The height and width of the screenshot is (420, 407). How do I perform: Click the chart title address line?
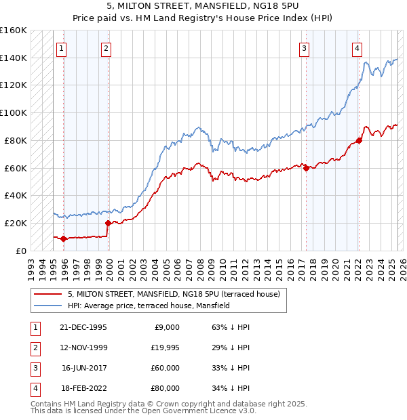point(203,8)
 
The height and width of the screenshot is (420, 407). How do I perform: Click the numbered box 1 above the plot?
point(62,48)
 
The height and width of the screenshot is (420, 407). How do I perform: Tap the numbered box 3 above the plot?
point(305,48)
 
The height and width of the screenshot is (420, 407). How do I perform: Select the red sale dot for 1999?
point(108,222)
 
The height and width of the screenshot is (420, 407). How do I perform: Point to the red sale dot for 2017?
point(306,168)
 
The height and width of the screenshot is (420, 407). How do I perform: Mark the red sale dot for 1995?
point(63,238)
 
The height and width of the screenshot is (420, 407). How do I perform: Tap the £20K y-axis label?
point(16,223)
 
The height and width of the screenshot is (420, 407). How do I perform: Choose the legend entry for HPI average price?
point(149,306)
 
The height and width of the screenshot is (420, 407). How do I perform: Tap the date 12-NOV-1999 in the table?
point(83,348)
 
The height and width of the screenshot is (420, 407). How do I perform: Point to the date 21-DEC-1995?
point(84,327)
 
